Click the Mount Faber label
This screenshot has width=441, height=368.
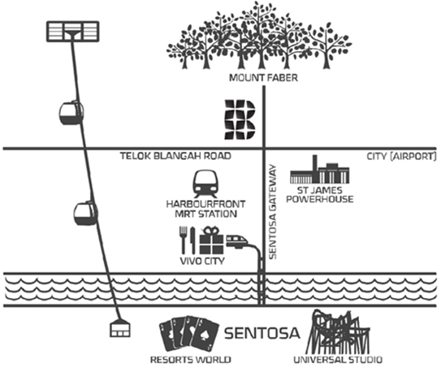point(263,78)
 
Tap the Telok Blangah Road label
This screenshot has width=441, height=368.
point(175,156)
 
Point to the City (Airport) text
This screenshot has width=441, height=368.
point(402,156)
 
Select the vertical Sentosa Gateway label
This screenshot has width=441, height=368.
point(273,212)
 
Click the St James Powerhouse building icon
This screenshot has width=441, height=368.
point(320,169)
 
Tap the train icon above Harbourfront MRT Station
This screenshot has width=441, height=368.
point(205,184)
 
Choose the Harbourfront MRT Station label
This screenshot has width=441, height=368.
point(205,209)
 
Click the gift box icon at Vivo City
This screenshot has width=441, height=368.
point(211,240)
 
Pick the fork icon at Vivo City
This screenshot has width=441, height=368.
point(183,240)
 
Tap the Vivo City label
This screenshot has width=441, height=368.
point(202,261)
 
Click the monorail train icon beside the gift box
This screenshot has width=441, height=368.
point(237,241)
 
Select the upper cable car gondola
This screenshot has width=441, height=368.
point(71,113)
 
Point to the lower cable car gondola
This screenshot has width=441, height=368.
point(85,214)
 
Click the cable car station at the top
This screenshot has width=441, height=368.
point(73,32)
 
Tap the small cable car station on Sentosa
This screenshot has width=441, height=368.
point(120,328)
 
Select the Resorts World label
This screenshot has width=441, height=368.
point(191,359)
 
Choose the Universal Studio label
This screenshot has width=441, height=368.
point(338,360)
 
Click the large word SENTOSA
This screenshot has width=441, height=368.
point(262,333)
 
